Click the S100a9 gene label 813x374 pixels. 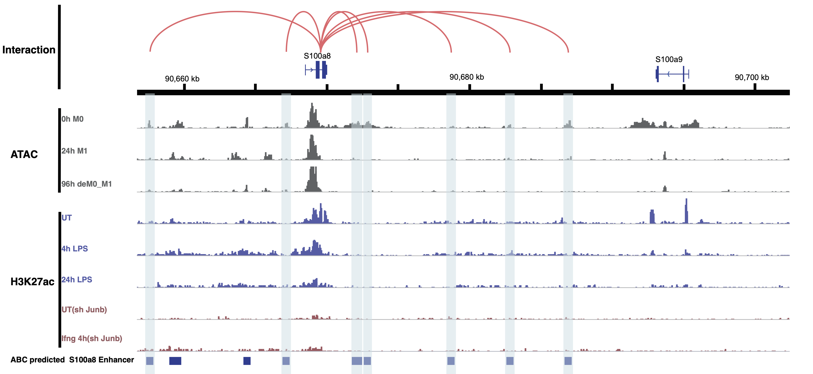pyautogui.click(x=669, y=59)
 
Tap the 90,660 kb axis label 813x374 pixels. pyautogui.click(x=182, y=79)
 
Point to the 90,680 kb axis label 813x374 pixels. pyautogui.click(x=466, y=77)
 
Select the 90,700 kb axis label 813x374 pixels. pyautogui.click(x=752, y=77)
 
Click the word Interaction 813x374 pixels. pyautogui.click(x=29, y=50)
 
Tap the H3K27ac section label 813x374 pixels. pyautogui.click(x=32, y=281)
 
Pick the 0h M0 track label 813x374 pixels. pyautogui.click(x=72, y=119)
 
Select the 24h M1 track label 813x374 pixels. pyautogui.click(x=74, y=151)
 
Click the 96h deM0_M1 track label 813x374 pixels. pyautogui.click(x=86, y=184)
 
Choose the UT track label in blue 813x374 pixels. pyautogui.click(x=67, y=218)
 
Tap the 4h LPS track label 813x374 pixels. pyautogui.click(x=74, y=249)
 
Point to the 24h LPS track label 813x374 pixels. pyautogui.click(x=77, y=280)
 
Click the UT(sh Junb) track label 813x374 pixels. pyautogui.click(x=84, y=310)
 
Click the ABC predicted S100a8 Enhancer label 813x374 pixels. pyautogui.click(x=72, y=360)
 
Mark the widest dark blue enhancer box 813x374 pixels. pyautogui.click(x=175, y=361)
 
